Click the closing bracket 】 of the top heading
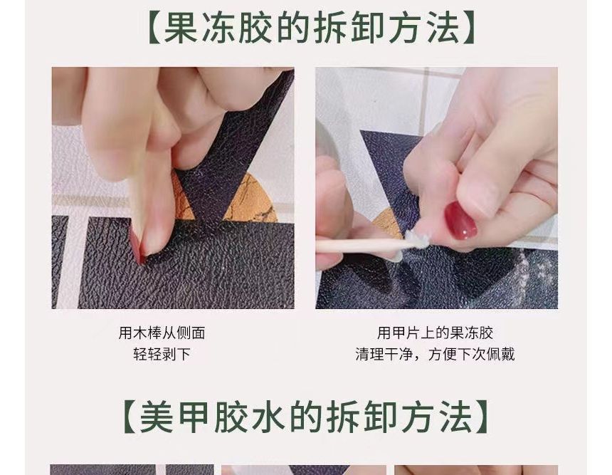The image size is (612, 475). (466, 28)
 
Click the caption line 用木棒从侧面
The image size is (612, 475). (162, 333)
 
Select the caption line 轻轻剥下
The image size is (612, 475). (162, 354)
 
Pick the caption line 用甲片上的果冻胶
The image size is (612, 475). (436, 333)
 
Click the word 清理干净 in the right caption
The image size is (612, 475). (384, 354)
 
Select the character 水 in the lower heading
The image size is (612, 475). (271, 417)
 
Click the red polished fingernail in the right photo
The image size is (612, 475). (460, 221)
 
